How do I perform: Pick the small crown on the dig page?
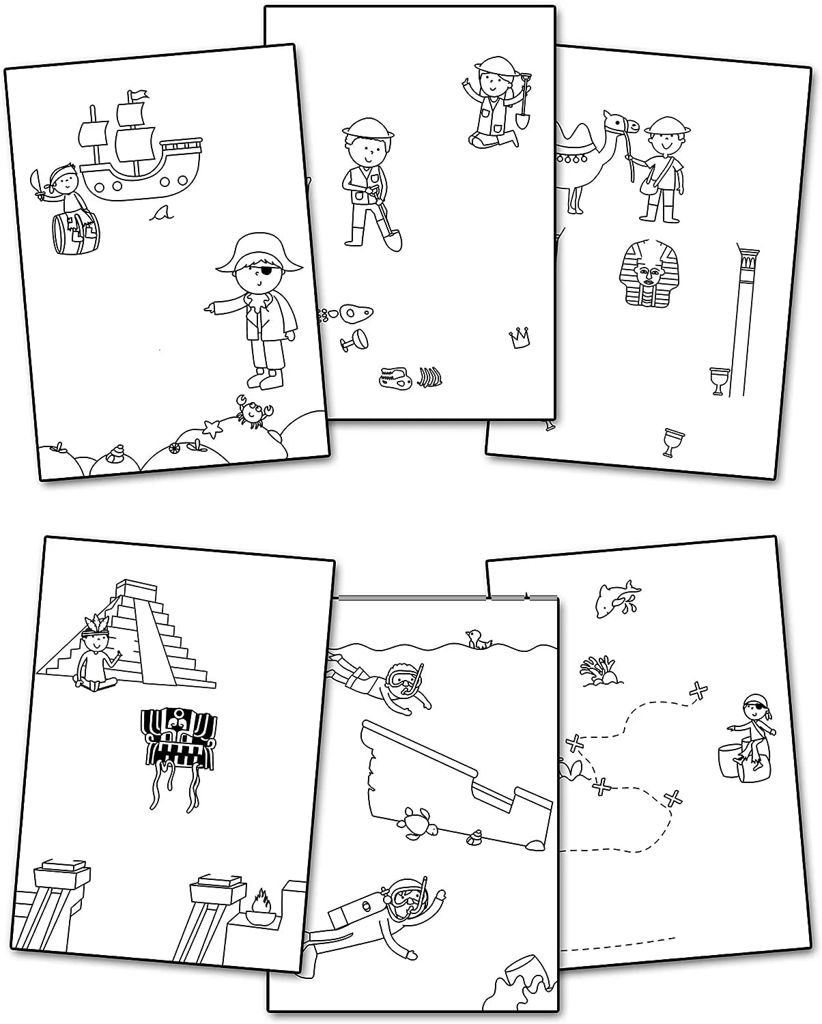[520, 338]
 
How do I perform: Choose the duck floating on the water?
[479, 640]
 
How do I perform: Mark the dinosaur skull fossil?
[394, 377]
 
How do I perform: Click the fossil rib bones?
[427, 377]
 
